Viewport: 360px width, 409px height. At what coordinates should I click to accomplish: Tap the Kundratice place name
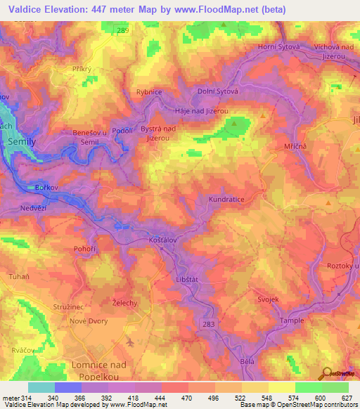pyautogui.click(x=226, y=200)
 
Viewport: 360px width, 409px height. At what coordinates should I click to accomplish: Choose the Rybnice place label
pyautogui.click(x=149, y=92)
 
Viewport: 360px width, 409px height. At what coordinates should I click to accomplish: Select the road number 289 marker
pyautogui.click(x=124, y=31)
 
